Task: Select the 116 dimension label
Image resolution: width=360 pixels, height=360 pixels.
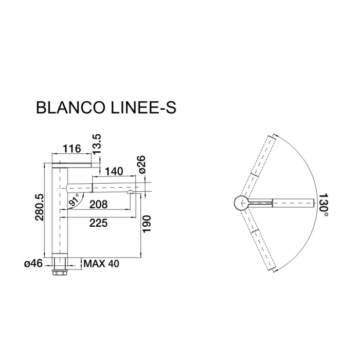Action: pyautogui.click(x=71, y=149)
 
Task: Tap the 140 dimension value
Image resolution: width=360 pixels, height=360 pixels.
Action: pyautogui.click(x=114, y=171)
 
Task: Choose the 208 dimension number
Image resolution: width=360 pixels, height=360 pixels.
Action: pyautogui.click(x=98, y=204)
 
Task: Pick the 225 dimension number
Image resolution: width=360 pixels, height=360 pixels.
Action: pyautogui.click(x=98, y=223)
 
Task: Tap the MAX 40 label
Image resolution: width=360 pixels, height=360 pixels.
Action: pyautogui.click(x=101, y=264)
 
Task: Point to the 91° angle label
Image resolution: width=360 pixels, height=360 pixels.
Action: pyautogui.click(x=76, y=201)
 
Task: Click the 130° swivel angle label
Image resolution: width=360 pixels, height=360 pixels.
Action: pyautogui.click(x=323, y=204)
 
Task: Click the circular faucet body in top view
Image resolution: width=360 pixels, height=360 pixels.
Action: pyautogui.click(x=240, y=204)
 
